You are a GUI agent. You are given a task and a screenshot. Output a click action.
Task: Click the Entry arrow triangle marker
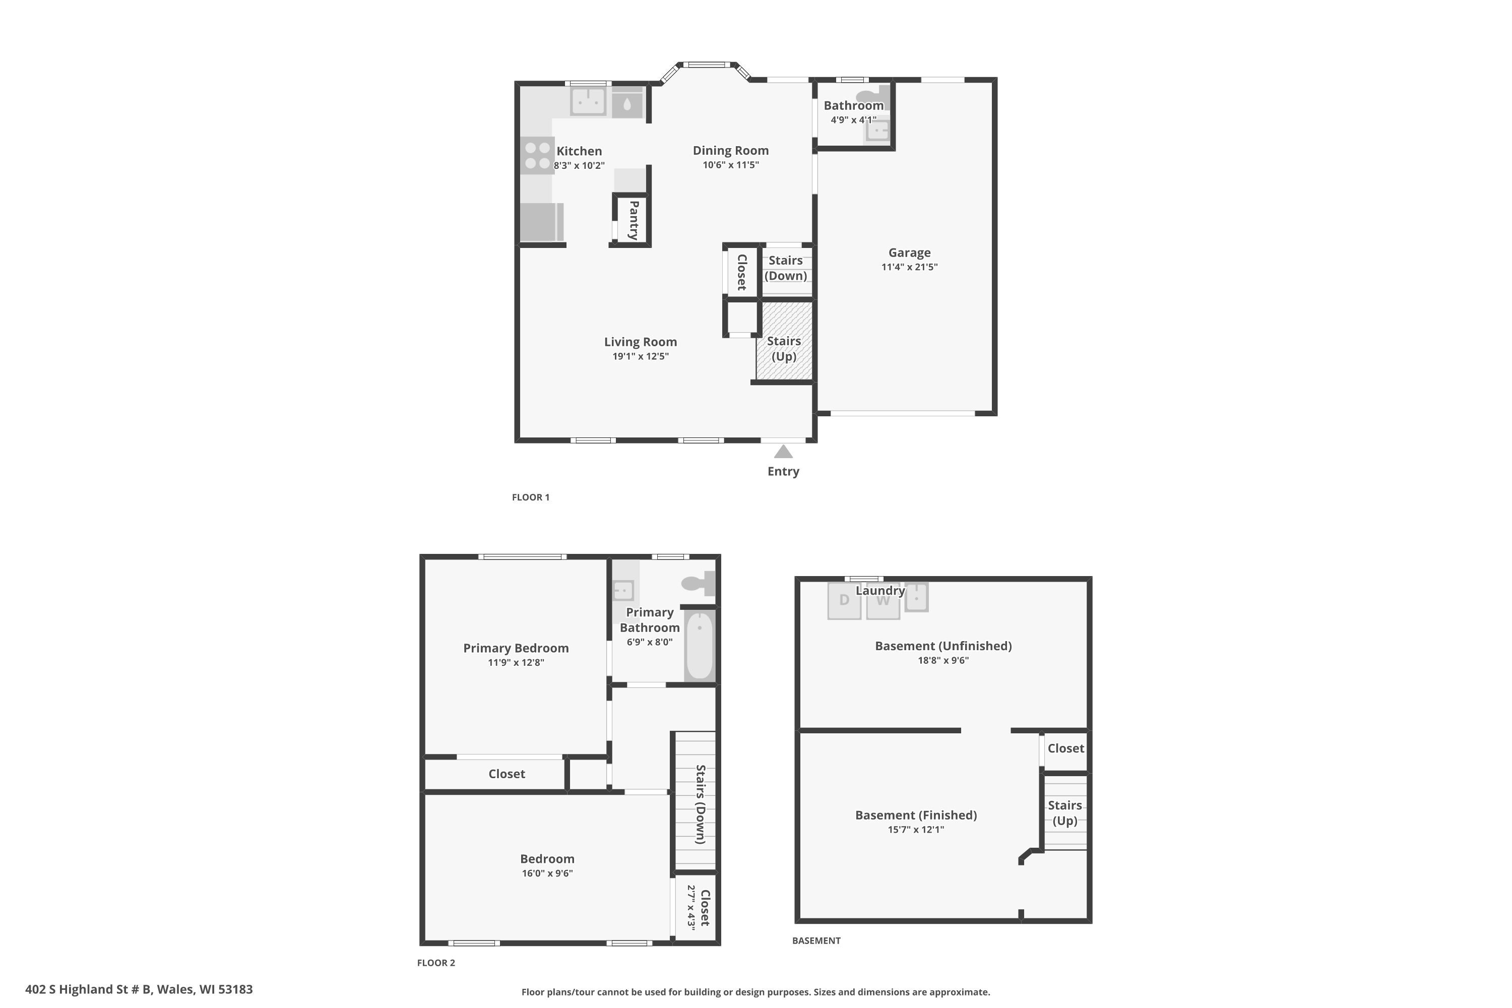pyautogui.click(x=783, y=452)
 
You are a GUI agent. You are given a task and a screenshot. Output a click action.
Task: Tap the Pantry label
pyautogui.click(x=633, y=220)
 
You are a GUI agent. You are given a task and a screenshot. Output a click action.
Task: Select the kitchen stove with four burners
pyautogui.click(x=537, y=156)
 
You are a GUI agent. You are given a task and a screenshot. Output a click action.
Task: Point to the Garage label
pyautogui.click(x=909, y=253)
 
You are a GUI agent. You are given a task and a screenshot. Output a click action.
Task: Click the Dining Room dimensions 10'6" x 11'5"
pyautogui.click(x=730, y=165)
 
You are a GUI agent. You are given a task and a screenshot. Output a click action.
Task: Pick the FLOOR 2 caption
pyautogui.click(x=436, y=962)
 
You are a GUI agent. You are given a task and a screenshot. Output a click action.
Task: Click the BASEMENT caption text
pyautogui.click(x=816, y=940)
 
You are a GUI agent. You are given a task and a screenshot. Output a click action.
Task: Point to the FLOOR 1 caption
pyautogui.click(x=530, y=497)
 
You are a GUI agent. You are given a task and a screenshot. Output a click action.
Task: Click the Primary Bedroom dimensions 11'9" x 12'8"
pyautogui.click(x=516, y=662)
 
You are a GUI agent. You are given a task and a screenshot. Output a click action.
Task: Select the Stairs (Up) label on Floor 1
pyautogui.click(x=784, y=348)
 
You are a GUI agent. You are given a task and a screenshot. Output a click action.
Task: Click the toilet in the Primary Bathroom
pyautogui.click(x=698, y=583)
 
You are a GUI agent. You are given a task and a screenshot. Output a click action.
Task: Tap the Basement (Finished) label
pyautogui.click(x=915, y=815)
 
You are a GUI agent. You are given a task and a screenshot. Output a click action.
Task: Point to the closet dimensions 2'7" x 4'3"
pyautogui.click(x=691, y=907)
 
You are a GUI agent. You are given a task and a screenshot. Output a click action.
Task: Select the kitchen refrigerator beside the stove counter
pyautogui.click(x=541, y=222)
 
